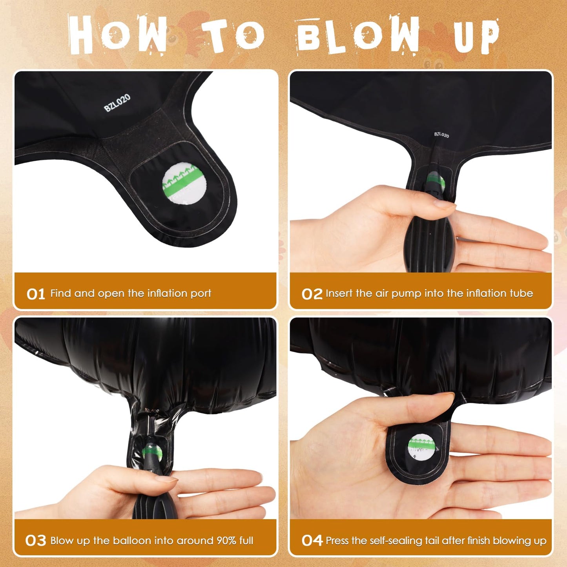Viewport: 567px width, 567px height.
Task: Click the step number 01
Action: [36, 294]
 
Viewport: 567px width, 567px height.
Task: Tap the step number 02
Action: [312, 294]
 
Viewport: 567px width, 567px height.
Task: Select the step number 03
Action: [36, 541]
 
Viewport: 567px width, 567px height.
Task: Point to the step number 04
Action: [312, 541]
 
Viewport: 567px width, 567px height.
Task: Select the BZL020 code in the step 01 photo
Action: [117, 103]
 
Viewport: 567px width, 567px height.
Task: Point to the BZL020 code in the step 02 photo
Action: [441, 135]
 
